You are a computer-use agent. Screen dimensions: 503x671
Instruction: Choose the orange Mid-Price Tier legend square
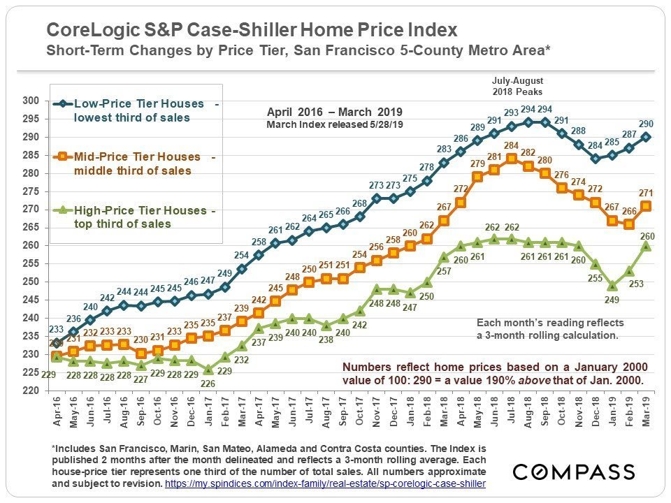64,157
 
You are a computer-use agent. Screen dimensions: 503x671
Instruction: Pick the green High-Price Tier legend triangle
64,210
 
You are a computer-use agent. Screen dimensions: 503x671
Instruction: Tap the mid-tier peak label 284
512,145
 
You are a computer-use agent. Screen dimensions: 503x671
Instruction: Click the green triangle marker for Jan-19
612,286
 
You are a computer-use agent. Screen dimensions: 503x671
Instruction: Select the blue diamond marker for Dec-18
595,159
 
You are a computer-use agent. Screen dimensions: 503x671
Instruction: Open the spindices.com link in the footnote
325,483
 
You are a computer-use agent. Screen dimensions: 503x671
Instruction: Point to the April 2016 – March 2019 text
335,112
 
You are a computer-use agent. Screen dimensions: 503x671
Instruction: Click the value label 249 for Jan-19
612,300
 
